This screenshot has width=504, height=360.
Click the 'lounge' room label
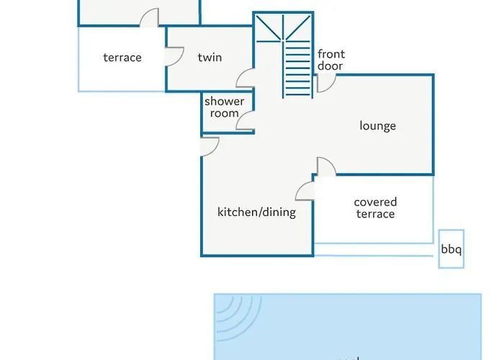tap(378, 126)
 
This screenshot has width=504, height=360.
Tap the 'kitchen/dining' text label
tap(256, 212)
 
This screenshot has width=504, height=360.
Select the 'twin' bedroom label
tap(210, 58)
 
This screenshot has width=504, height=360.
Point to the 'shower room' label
tap(224, 107)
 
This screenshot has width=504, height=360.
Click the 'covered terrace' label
tap(375, 208)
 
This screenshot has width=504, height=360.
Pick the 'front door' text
tap(330, 60)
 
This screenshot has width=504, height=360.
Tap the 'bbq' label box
tap(451, 251)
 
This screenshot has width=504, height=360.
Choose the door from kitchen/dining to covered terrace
tap(305, 191)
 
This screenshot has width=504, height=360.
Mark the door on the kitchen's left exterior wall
tap(210, 146)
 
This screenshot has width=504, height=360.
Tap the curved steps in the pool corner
tap(235, 313)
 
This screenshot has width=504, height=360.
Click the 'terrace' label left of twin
tap(122, 58)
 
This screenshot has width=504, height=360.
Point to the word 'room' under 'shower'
tap(224, 113)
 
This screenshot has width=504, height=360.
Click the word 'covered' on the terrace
tap(375, 202)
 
